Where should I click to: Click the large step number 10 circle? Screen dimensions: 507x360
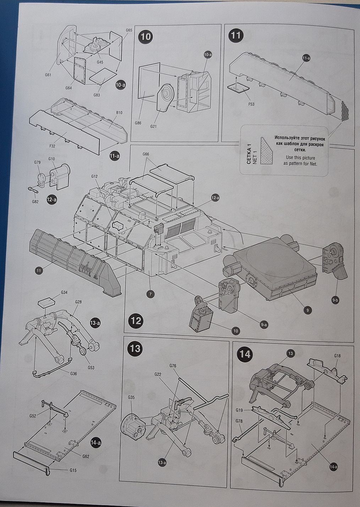coord(146,37)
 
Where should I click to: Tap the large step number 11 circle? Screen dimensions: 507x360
coord(236,36)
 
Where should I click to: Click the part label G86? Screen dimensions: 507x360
coord(138,123)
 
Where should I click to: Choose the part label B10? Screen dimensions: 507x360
coord(119,113)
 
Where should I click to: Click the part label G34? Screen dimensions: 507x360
coord(64,292)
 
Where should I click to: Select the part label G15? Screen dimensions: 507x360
coord(73,470)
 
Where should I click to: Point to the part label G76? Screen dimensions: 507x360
coord(173,366)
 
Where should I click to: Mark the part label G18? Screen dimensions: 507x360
coord(337,355)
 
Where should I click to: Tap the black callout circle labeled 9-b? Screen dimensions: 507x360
coord(336,301)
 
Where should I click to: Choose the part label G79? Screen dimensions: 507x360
coord(38,162)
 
